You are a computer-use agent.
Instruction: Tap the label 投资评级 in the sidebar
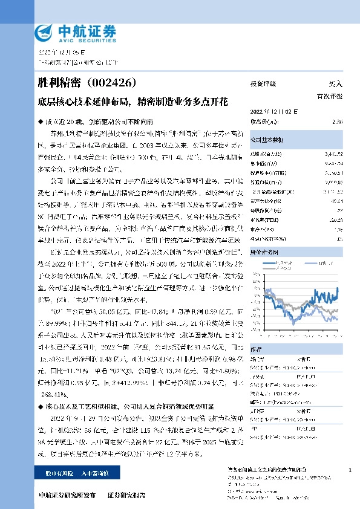[263, 84]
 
